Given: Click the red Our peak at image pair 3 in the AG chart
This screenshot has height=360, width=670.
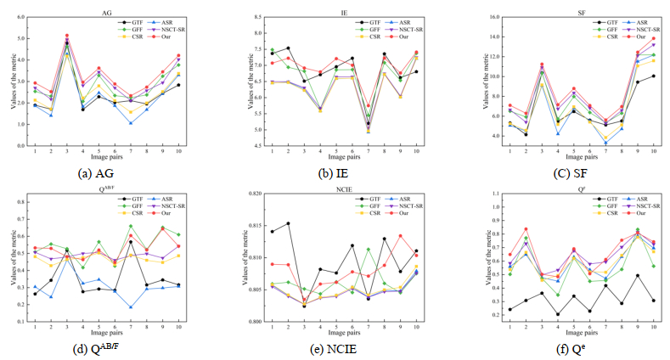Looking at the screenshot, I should (x=67, y=36).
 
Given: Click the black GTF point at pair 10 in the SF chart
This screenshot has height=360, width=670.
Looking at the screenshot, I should (x=654, y=76).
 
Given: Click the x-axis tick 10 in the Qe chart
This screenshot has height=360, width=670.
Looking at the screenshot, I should (x=654, y=329).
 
